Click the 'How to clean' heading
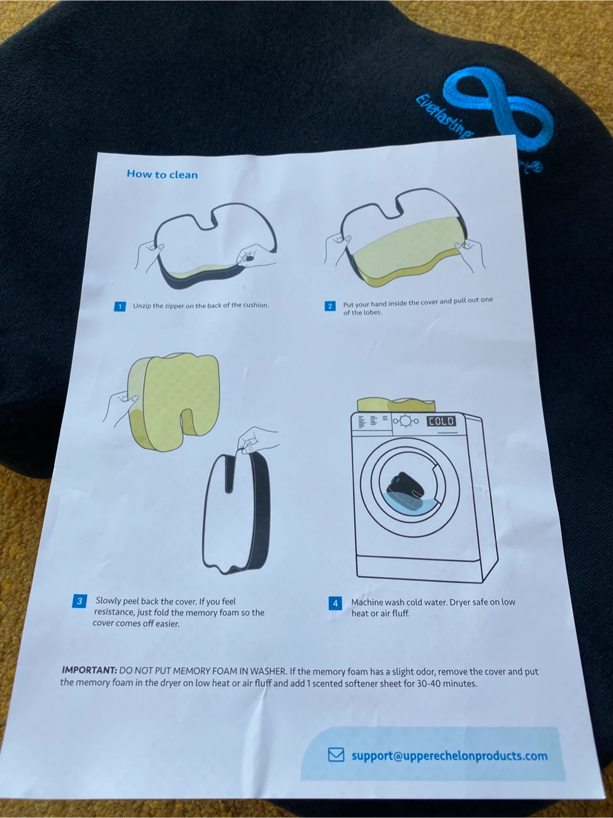(x=162, y=174)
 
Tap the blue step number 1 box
(x=120, y=307)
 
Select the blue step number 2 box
(x=330, y=306)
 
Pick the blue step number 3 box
(x=79, y=601)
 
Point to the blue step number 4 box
(x=335, y=603)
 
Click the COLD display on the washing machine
(x=441, y=421)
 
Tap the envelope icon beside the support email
(x=336, y=755)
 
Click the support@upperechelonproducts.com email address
(x=450, y=756)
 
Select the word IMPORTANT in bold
(x=89, y=670)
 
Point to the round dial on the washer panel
(x=406, y=421)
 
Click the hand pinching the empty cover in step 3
(x=255, y=440)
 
